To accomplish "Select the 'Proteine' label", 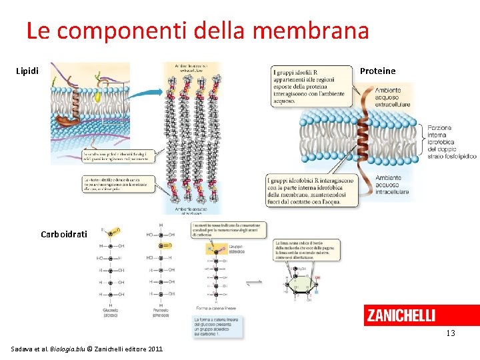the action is pos(377,71).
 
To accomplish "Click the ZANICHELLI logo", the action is pos(401,315).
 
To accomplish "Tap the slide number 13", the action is pos(451,333).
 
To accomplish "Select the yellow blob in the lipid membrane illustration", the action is pos(97,96).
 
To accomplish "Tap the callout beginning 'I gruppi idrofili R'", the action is pos(312,83).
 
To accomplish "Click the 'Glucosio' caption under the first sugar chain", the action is pos(111,313).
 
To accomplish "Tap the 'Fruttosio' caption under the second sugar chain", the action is pos(161,313).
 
